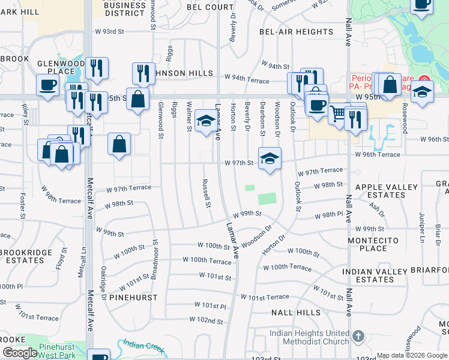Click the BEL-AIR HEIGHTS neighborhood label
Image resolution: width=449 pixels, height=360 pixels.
tap(296, 32)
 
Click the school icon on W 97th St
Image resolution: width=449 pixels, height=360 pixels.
tap(270, 158)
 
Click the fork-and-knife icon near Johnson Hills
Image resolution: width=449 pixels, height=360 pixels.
tap(143, 73)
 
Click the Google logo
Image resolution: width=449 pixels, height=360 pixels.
tap(20, 353)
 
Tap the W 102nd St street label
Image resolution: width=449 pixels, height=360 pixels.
tap(206, 321)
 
